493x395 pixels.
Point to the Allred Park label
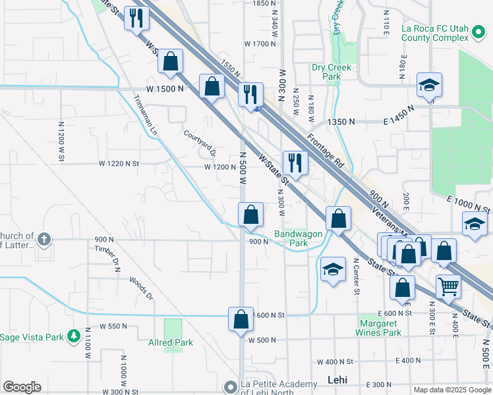[170, 342]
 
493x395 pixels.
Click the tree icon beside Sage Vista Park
[74, 337]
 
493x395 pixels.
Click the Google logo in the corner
[22, 387]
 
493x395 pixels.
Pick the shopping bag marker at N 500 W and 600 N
[241, 319]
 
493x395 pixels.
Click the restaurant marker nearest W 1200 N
[295, 163]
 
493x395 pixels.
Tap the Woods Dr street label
[141, 288]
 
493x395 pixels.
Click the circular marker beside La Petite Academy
[230, 386]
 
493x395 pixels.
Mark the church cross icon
[44, 239]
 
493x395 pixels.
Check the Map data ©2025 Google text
[451, 389]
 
